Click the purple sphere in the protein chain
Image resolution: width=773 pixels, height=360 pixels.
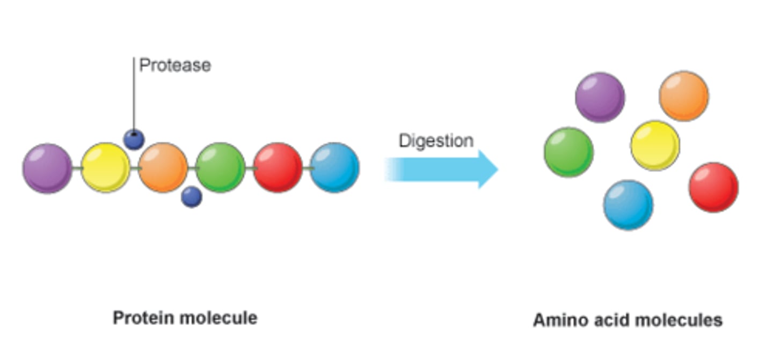(47, 168)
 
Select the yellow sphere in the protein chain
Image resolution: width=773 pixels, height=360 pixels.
(105, 167)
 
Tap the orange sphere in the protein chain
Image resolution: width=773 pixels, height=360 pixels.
(163, 167)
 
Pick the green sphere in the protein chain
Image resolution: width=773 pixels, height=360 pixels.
(221, 167)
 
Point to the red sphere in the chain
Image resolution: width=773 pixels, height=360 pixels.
(278, 167)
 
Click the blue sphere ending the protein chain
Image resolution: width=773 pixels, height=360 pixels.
(335, 167)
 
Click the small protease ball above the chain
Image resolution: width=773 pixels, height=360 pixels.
(134, 139)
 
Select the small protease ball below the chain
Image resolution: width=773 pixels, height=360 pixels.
(192, 197)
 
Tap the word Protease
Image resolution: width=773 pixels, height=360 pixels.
(175, 65)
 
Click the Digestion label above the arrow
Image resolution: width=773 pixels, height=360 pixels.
(436, 141)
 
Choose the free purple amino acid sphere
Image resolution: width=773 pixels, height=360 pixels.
(600, 97)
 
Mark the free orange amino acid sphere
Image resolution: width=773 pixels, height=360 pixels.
(684, 96)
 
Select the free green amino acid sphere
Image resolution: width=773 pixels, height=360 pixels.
(569, 152)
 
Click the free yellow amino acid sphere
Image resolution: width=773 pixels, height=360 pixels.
(655, 145)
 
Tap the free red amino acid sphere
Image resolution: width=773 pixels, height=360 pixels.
(713, 187)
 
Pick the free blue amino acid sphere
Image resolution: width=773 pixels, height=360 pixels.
(628, 205)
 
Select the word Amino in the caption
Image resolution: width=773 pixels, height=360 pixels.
(557, 320)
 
